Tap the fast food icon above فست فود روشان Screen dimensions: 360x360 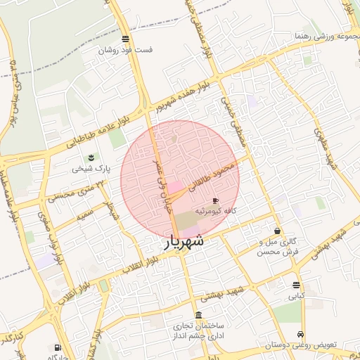point(125,39)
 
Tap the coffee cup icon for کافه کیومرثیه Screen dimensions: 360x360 point(215,200)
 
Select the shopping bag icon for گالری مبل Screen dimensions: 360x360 point(278,231)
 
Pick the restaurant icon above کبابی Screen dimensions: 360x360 point(296,285)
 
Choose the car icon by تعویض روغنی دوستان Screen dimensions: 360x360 point(301,334)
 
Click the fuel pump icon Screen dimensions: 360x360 point(57,347)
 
